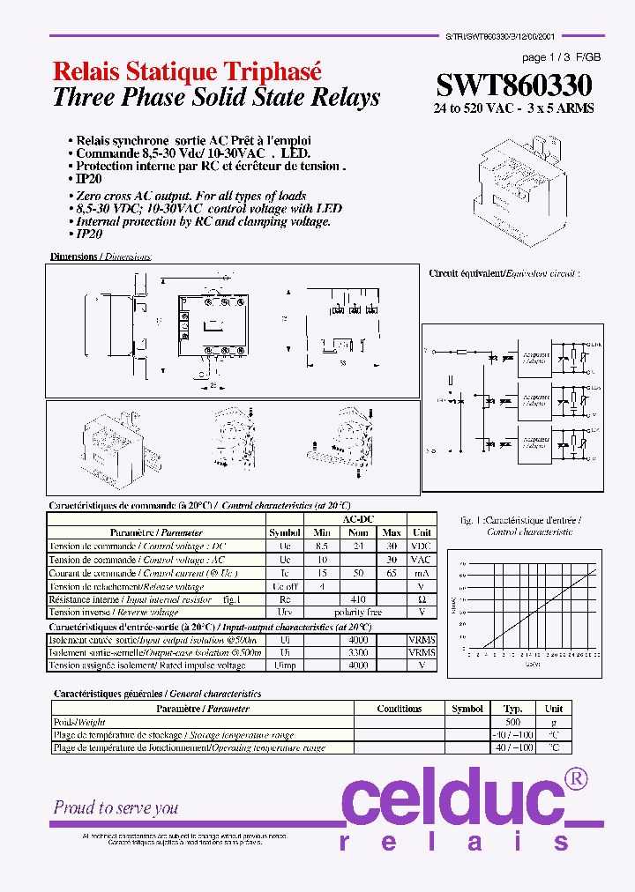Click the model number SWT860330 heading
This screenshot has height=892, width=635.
click(514, 85)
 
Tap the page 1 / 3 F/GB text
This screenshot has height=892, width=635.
click(561, 56)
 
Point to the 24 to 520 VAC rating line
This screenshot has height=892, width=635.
click(513, 108)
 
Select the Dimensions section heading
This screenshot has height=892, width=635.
click(100, 256)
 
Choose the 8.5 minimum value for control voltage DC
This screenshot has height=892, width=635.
click(322, 546)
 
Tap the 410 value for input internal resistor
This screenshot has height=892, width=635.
click(357, 599)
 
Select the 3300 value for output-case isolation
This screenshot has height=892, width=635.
click(358, 653)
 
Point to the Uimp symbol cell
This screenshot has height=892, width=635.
click(285, 666)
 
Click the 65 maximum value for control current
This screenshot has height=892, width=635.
click(392, 573)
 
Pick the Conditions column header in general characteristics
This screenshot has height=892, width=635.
click(399, 709)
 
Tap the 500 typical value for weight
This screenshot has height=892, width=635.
click(512, 722)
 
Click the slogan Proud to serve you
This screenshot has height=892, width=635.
click(116, 807)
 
